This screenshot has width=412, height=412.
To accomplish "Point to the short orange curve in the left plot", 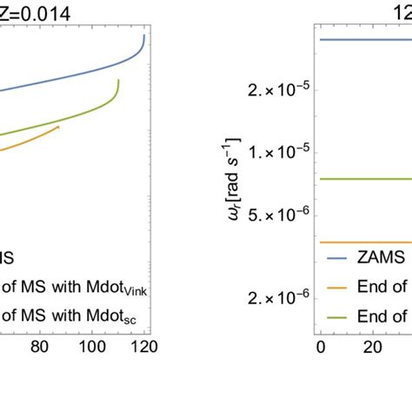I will pyautogui.click(x=35, y=138).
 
